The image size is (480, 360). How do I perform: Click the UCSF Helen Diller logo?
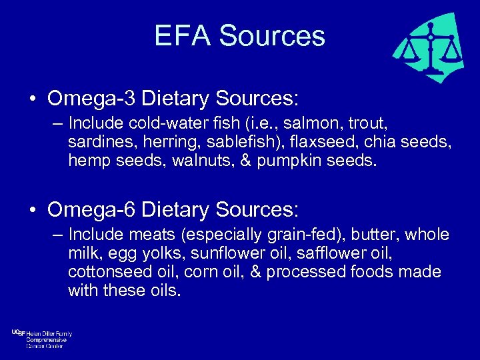tap(41, 339)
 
